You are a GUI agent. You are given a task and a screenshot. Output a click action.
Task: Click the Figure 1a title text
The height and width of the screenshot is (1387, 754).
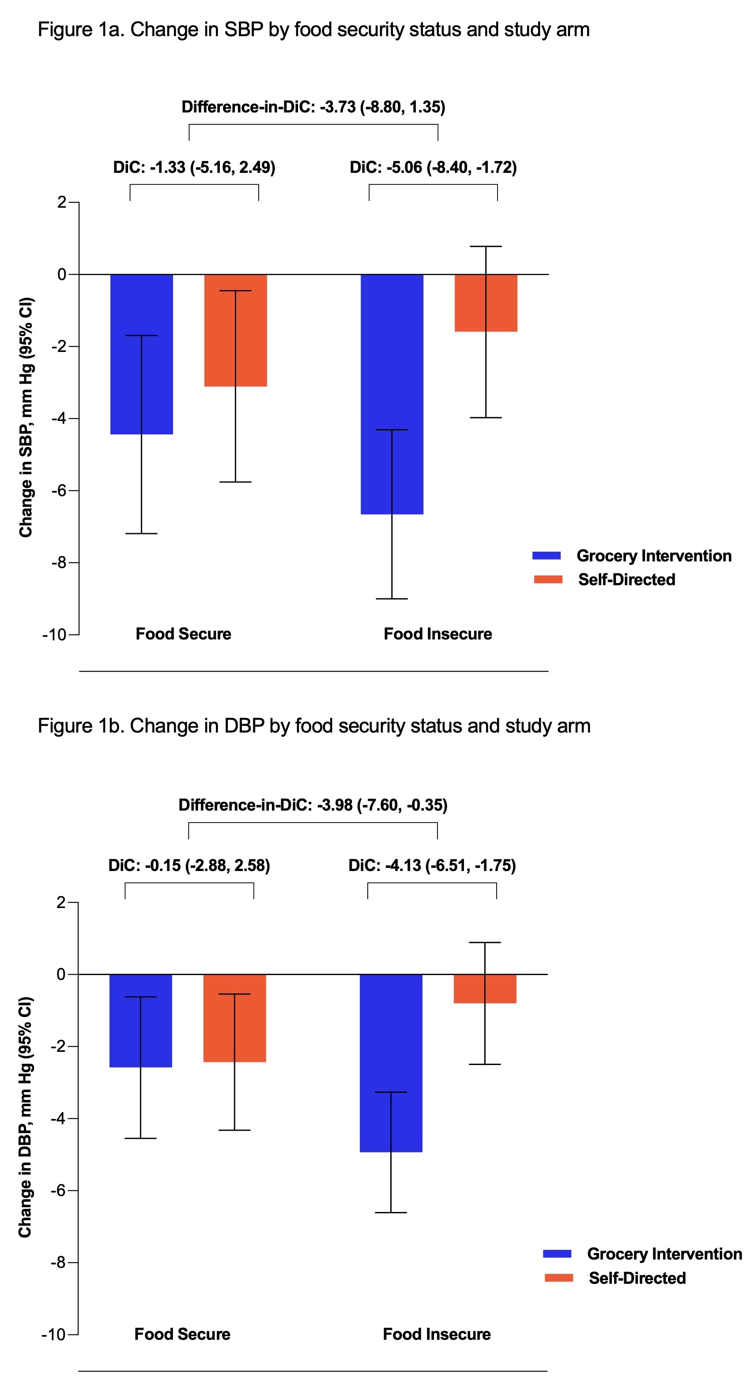[314, 30]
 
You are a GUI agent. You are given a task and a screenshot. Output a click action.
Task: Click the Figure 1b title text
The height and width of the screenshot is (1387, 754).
[314, 726]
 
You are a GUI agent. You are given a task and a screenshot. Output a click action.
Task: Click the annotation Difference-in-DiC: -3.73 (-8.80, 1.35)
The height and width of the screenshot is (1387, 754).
[313, 107]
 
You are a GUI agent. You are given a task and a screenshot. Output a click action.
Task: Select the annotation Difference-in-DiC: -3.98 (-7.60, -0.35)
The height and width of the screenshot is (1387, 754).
[313, 805]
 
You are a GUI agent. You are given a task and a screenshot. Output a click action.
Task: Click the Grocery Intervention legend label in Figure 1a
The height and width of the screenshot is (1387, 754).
[654, 556]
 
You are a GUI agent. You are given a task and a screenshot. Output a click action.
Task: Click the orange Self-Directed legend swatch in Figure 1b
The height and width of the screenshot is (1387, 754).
[558, 1278]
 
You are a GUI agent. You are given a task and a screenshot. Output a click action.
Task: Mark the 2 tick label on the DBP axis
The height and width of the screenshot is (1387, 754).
[60, 902]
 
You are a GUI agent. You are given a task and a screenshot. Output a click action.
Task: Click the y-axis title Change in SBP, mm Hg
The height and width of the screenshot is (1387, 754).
[26, 417]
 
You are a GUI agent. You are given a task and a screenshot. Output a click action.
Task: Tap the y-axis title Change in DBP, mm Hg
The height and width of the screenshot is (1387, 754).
[25, 1117]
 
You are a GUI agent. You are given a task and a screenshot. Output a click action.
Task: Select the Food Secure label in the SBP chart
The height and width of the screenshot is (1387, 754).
[183, 634]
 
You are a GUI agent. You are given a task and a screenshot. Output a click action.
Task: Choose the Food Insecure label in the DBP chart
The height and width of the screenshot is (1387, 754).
[437, 1334]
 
